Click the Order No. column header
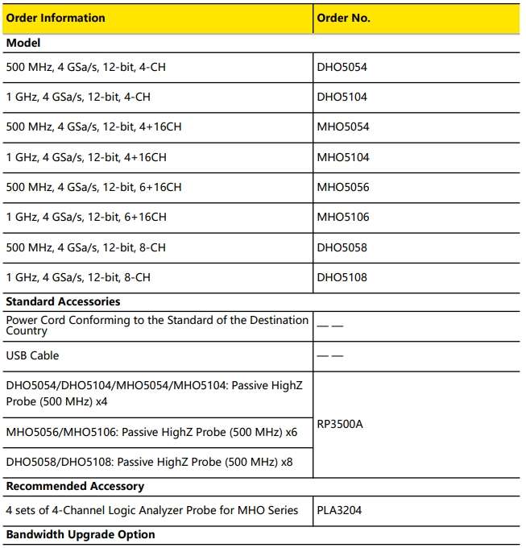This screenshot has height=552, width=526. pyautogui.click(x=344, y=18)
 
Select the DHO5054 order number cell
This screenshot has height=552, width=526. pyautogui.click(x=342, y=68)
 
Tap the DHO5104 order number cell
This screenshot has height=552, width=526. pyautogui.click(x=342, y=98)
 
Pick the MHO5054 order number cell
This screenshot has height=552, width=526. pyautogui.click(x=343, y=127)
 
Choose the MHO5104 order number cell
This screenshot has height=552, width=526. pyautogui.click(x=343, y=157)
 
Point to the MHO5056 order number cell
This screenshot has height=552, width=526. pyautogui.click(x=343, y=187)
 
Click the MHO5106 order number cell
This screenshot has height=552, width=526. pyautogui.click(x=343, y=217)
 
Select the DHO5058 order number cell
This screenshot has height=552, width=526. pyautogui.click(x=342, y=247)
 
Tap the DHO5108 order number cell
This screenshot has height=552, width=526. pyautogui.click(x=342, y=277)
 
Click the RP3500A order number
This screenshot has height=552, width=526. pyautogui.click(x=341, y=424)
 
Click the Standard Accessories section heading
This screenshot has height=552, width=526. pyautogui.click(x=63, y=301)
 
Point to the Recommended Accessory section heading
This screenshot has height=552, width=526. pyautogui.click(x=75, y=487)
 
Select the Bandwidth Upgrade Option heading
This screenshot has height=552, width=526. pyautogui.click(x=81, y=535)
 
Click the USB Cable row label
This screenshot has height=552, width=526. pyautogui.click(x=32, y=355)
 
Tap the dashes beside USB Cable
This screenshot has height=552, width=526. pyautogui.click(x=331, y=355)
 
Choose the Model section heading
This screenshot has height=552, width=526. pyautogui.click(x=23, y=43)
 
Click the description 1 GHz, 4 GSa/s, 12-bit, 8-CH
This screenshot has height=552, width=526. pyautogui.click(x=78, y=277)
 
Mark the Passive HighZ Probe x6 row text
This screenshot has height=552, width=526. pyautogui.click(x=151, y=433)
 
